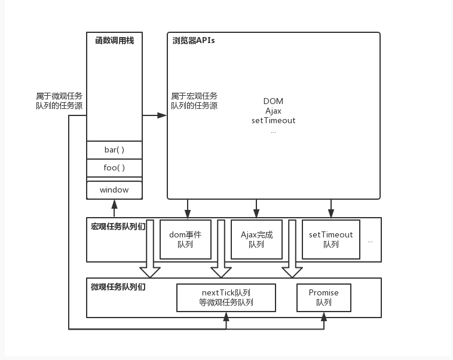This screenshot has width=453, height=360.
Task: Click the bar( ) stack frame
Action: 114,150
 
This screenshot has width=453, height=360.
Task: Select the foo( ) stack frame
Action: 114,167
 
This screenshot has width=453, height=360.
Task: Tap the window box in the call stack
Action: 114,190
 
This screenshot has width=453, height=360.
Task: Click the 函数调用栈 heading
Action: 115,41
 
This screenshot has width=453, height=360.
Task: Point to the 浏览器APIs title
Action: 194,41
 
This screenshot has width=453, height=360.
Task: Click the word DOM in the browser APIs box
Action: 273,101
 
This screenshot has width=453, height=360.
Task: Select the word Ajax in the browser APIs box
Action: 273,111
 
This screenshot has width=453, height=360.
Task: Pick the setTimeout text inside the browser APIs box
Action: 273,120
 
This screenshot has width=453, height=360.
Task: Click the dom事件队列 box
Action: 185,239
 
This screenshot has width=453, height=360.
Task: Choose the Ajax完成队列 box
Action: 256,239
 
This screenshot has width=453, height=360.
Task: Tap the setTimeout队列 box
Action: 331,239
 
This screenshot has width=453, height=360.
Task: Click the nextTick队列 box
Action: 227,298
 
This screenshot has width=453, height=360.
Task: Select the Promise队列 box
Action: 324,298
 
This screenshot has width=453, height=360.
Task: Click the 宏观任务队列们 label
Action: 118,227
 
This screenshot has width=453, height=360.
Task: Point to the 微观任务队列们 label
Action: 118,287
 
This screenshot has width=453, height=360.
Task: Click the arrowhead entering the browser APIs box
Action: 162,115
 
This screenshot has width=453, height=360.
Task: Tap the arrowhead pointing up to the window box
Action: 114,205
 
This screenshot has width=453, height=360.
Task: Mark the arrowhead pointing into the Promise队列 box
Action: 324,316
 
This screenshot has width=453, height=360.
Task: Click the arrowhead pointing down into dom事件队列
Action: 188,213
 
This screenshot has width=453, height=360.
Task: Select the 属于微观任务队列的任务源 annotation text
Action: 59,100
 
